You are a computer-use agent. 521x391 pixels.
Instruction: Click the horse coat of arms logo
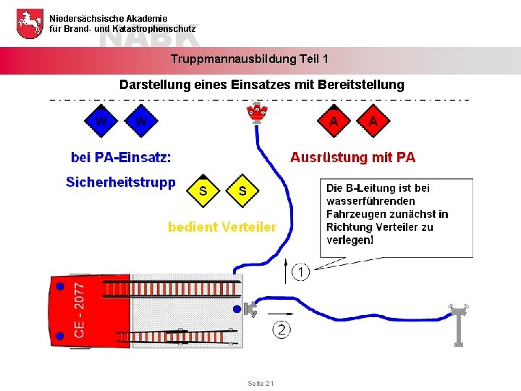coord(28,23)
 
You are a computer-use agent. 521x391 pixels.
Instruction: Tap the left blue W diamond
coord(101,121)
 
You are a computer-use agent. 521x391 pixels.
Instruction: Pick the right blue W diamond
coord(140,121)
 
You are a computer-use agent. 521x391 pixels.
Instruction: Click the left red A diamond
coord(334,121)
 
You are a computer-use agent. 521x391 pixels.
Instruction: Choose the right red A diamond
coord(373,121)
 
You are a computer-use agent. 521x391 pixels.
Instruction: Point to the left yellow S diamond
coord(203,191)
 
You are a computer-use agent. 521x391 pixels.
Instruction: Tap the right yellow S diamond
coord(242,191)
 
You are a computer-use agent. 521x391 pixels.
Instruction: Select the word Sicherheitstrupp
coord(120,182)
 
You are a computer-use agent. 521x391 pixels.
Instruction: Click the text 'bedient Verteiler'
coord(222,227)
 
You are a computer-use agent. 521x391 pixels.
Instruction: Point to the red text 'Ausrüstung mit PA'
coord(353,157)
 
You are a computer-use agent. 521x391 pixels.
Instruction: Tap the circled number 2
coord(281,330)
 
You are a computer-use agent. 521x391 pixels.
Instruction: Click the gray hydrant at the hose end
coord(459,324)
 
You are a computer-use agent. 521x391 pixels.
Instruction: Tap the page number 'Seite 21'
coord(260,383)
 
